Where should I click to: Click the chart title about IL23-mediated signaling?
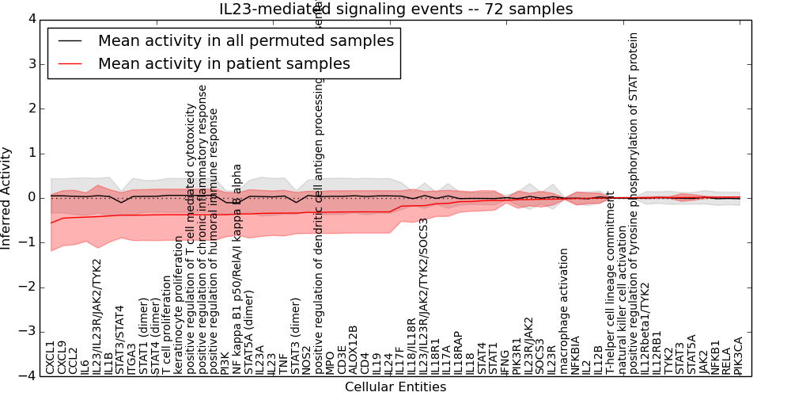(x=395, y=10)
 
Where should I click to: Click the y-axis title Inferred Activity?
(x=7, y=198)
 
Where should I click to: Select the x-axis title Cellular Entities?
(x=395, y=387)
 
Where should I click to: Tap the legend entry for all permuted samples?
(x=245, y=40)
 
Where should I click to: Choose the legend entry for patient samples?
(x=224, y=63)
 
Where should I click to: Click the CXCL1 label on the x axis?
(x=51, y=357)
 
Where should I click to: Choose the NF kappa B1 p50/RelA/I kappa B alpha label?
(x=237, y=269)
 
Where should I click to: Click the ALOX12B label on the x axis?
(x=353, y=349)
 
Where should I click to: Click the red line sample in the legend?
(x=71, y=63)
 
